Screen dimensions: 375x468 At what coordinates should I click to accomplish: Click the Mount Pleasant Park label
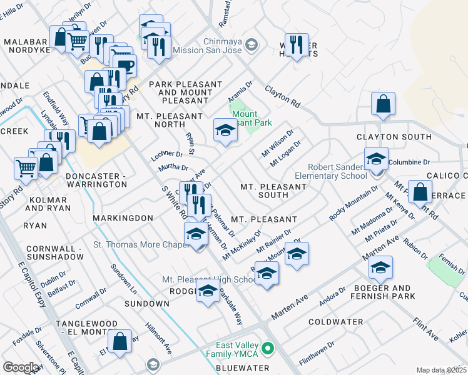tap(252, 119)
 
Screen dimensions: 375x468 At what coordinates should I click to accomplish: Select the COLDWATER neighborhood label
tap(336, 322)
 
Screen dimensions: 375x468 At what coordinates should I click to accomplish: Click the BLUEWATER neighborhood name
tap(242, 368)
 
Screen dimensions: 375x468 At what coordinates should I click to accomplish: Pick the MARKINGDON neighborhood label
tap(123, 217)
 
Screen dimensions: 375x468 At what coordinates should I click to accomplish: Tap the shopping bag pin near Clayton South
tap(382, 104)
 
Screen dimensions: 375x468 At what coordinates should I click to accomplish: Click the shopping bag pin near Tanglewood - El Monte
tap(120, 341)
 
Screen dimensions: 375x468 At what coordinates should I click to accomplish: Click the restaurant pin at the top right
tap(297, 45)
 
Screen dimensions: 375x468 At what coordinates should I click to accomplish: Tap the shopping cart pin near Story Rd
tap(26, 167)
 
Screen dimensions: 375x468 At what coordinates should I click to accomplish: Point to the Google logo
tap(21, 367)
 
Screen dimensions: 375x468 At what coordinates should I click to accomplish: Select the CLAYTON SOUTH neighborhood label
tap(394, 137)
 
